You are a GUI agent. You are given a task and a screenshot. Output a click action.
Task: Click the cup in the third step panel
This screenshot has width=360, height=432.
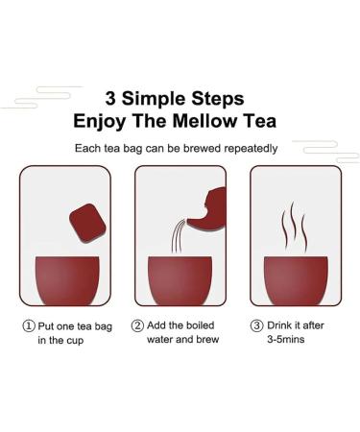[295, 279]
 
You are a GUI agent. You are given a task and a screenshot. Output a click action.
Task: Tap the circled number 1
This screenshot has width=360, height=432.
[30, 326]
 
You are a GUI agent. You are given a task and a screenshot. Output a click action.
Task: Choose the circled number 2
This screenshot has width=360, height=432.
[137, 326]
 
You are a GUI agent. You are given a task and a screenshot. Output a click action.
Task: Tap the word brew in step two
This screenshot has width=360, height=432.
[217, 342]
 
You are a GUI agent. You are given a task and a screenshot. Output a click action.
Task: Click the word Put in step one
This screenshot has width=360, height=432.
[49, 326]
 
